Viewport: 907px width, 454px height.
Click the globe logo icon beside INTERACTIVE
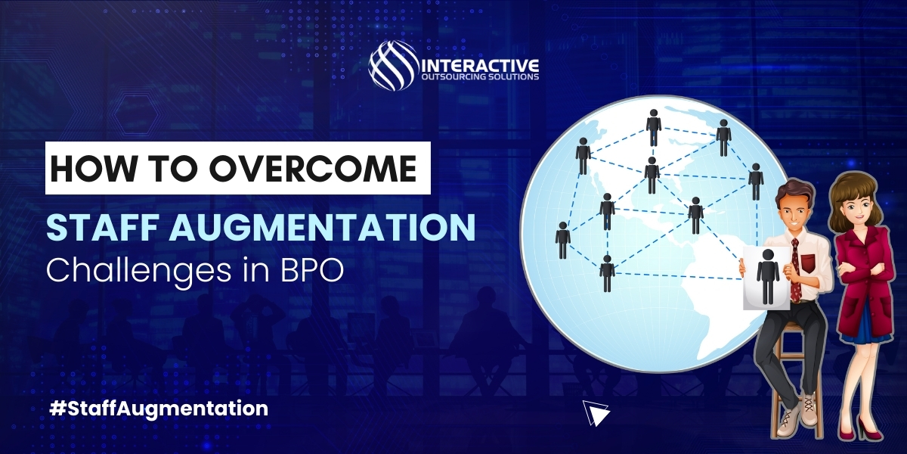pyautogui.click(x=392, y=67)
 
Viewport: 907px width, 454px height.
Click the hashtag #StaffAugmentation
pyautogui.click(x=158, y=408)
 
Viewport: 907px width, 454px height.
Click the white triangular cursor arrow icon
pyautogui.click(x=596, y=412)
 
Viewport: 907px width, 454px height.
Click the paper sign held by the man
pyautogui.click(x=766, y=278)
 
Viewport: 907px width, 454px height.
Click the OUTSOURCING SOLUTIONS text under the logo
pyautogui.click(x=480, y=76)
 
